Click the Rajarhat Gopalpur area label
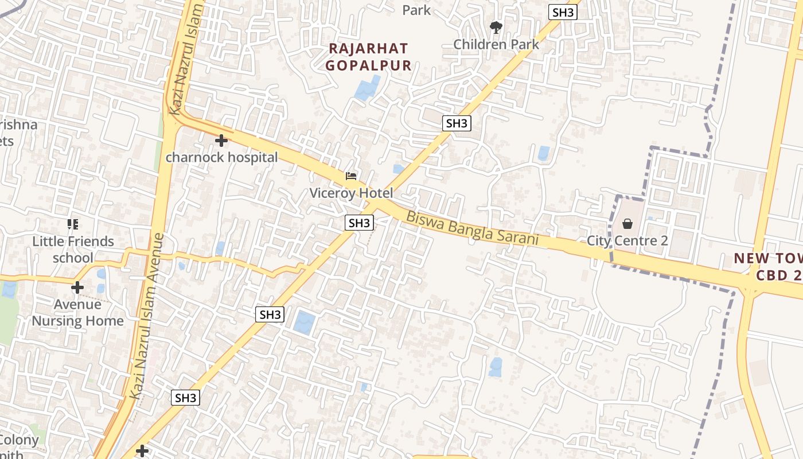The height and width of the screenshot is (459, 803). (368, 57)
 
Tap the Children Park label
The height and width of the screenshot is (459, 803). (496, 44)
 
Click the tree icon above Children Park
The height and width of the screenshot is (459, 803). (496, 27)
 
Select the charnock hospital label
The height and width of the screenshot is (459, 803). (221, 157)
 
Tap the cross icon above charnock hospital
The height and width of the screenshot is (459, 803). (221, 141)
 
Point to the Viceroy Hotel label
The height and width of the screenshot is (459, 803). (351, 193)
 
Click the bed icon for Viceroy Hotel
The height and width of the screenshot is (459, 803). (351, 176)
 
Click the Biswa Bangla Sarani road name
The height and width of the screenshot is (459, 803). (472, 228)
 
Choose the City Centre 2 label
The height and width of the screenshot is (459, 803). (627, 240)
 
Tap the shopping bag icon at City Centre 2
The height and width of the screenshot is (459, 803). (627, 224)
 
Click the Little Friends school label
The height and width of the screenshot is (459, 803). (73, 249)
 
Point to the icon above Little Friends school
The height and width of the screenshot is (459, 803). (73, 224)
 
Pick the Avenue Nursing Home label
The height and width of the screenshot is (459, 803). (77, 312)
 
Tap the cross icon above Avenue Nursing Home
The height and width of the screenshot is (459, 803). (77, 287)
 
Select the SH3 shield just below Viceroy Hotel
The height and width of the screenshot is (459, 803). (360, 223)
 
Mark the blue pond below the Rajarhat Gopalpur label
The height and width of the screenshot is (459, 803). (367, 88)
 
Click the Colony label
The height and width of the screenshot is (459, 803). (19, 441)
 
